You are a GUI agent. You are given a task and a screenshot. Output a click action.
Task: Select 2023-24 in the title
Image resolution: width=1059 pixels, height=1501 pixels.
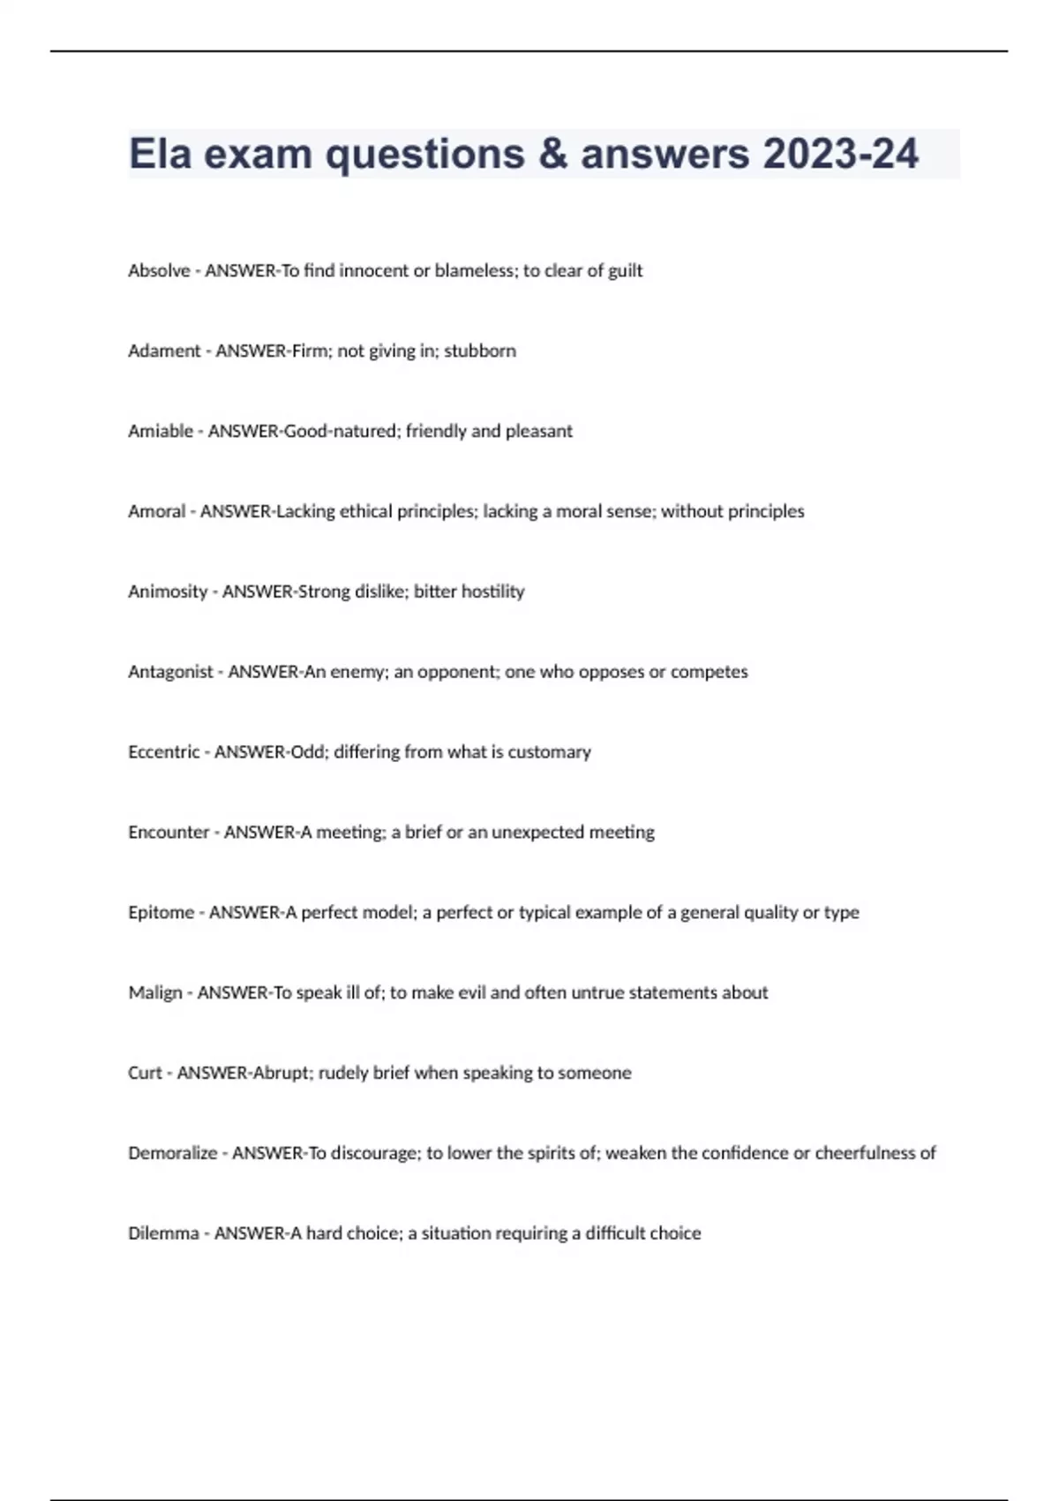click(x=841, y=154)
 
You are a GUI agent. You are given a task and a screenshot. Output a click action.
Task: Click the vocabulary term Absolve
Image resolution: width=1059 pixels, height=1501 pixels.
click(x=159, y=271)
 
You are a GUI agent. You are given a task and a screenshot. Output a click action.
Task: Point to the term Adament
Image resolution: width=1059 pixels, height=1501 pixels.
click(x=164, y=351)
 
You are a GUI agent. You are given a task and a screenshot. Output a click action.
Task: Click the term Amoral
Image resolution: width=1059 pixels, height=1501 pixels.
click(x=156, y=511)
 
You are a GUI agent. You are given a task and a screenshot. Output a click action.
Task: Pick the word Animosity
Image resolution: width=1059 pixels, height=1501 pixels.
click(x=168, y=592)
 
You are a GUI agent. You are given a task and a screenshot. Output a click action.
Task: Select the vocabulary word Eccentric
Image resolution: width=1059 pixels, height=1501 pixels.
click(x=163, y=752)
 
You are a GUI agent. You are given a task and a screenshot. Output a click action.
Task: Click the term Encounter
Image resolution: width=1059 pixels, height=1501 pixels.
click(x=169, y=833)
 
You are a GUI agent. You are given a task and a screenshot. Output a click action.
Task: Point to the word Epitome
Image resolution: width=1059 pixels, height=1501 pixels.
click(x=161, y=913)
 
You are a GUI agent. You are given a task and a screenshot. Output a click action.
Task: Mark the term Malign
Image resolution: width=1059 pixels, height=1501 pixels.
click(x=154, y=993)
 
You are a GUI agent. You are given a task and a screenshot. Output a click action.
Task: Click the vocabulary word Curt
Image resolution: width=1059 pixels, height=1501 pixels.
click(x=145, y=1074)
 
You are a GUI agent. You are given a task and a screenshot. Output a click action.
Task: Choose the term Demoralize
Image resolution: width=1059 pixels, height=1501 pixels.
click(x=172, y=1153)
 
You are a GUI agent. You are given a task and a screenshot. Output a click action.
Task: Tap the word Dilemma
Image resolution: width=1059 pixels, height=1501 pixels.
click(x=163, y=1233)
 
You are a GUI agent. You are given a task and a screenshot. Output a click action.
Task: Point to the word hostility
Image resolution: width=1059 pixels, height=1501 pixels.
click(x=492, y=592)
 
